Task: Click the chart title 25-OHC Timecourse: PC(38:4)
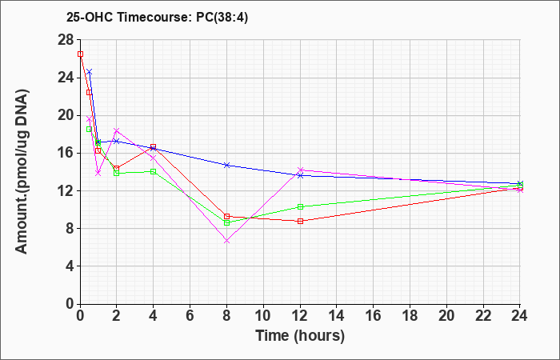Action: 157,18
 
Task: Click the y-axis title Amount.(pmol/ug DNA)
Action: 22,171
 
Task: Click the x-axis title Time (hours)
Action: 300,336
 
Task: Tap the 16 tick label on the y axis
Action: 66,154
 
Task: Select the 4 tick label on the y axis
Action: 70,266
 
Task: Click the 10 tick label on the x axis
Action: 263,315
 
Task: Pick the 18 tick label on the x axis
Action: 410,315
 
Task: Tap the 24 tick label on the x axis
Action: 519,315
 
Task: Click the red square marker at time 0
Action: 80,54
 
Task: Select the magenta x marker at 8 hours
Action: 226,241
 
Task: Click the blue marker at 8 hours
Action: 226,165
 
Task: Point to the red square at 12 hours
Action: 300,221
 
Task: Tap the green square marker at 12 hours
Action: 300,206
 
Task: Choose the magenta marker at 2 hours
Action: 117,130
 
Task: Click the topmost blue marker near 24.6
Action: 90,72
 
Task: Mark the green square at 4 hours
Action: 154,171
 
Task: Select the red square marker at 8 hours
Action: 226,216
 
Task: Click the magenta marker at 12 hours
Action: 300,170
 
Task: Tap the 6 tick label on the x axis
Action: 190,315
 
